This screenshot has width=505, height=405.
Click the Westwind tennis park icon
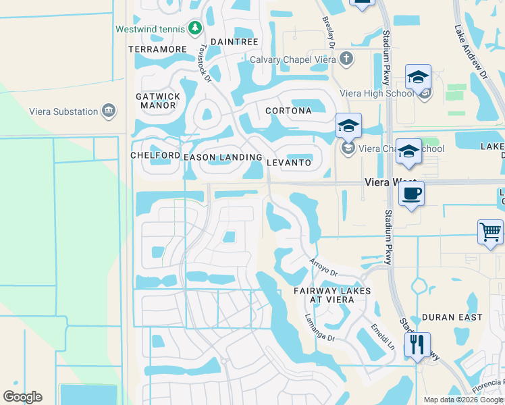coord(195,28)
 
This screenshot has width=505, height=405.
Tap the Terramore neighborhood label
coord(157,49)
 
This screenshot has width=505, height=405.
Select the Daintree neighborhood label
coord(234,42)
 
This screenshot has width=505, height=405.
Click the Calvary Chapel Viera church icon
coord(346,58)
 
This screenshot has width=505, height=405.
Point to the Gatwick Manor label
coord(158,101)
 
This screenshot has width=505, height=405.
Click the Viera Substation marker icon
coord(108,111)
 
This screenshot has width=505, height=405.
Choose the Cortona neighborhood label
coord(288,111)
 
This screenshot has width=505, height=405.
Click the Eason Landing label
coord(223,157)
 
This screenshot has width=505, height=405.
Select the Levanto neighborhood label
coord(289,163)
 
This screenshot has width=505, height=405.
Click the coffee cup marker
coord(411,194)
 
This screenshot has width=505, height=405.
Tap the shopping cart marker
coord(491,232)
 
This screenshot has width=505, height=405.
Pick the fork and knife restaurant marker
coord(417,345)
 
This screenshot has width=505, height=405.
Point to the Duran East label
coord(452,317)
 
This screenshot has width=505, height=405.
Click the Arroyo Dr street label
coord(323,267)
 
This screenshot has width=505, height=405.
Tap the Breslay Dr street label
coord(329,32)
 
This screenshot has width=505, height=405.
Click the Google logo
coord(22,397)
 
